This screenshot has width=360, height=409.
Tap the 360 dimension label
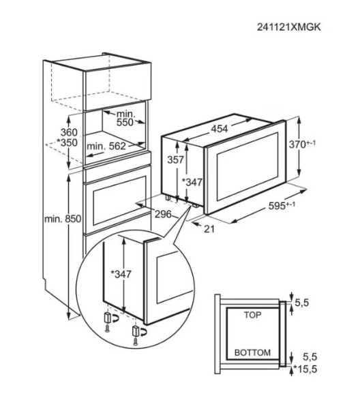50,132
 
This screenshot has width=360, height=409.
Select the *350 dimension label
48,144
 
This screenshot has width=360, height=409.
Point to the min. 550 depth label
125,117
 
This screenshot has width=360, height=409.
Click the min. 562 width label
106,146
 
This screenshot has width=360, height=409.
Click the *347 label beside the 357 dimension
194,182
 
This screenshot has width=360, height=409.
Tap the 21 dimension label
209,228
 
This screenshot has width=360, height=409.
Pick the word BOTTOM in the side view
252,353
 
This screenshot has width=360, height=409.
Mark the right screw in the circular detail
136,338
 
